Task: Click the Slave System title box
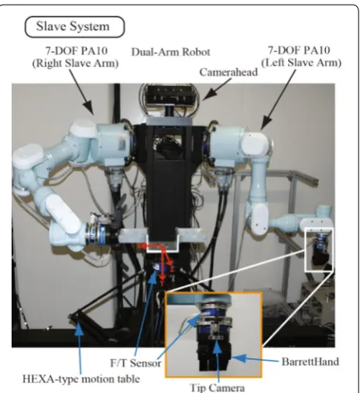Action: click(74, 26)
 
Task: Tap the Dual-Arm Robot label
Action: click(170, 52)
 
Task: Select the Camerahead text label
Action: click(228, 72)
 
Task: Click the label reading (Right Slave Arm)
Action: click(75, 64)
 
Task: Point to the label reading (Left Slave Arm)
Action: click(301, 63)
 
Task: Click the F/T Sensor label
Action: click(135, 363)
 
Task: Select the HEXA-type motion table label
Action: click(81, 379)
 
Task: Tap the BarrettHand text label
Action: click(310, 361)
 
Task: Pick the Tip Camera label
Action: click(217, 388)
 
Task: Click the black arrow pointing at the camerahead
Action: click(217, 90)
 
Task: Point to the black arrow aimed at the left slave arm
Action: click(278, 99)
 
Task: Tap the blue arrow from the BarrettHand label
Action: click(255, 359)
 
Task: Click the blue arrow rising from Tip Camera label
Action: click(218, 360)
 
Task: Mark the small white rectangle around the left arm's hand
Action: click(319, 250)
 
